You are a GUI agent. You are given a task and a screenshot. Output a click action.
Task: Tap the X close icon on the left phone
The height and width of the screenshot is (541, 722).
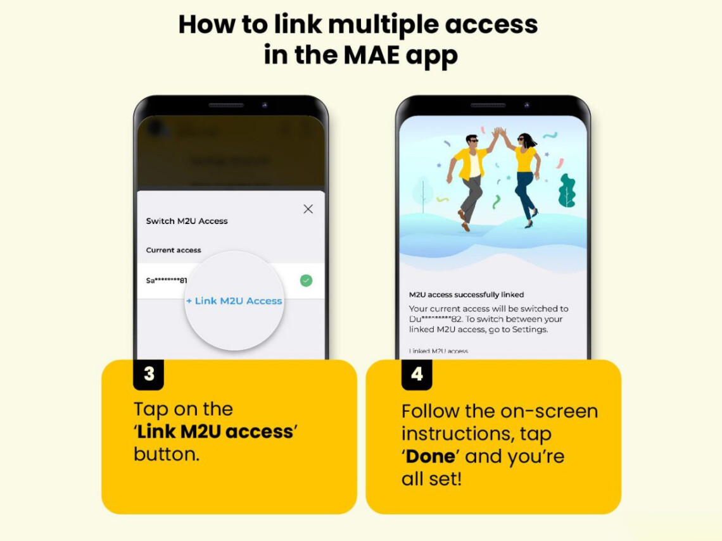308,209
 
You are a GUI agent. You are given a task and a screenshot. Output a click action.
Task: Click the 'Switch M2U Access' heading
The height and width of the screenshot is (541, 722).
187,221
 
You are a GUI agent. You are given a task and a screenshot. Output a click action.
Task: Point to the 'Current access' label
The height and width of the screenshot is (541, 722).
174,250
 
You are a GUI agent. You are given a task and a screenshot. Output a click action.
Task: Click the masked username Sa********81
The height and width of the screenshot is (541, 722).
167,280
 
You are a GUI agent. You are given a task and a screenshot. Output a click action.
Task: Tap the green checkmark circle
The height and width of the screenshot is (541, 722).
306,280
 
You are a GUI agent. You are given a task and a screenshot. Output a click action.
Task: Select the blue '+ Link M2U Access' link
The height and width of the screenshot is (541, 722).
234,301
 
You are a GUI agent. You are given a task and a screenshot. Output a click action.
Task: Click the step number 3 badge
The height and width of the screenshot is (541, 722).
149,374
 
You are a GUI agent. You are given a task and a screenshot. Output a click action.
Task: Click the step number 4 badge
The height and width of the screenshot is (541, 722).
417,374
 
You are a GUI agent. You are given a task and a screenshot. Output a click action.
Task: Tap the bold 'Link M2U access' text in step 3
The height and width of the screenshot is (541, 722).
216,432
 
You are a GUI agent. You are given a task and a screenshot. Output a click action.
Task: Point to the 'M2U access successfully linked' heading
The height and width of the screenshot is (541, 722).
466,295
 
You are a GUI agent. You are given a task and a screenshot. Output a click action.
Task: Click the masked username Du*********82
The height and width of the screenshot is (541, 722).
437,320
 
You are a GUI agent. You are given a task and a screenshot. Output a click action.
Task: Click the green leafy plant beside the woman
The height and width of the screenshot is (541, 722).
566,192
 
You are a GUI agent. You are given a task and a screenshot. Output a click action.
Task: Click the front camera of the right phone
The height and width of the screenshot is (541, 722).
527,105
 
